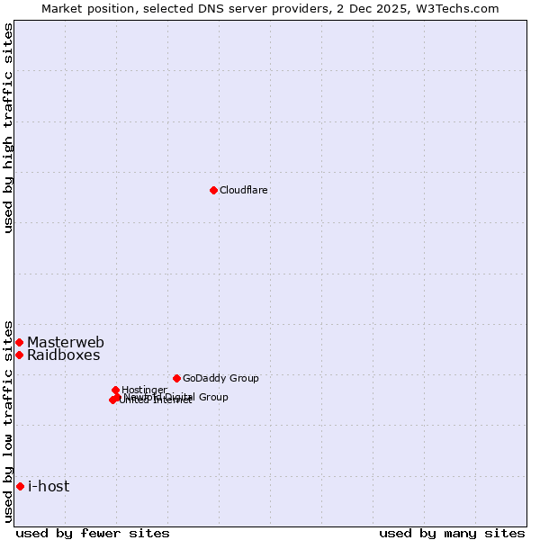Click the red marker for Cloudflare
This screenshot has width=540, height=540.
[x=213, y=190]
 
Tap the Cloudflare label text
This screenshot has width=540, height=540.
[x=244, y=191]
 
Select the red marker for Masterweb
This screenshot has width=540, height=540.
[x=19, y=342]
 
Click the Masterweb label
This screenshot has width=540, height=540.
[x=66, y=343]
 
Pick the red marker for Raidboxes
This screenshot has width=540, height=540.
[x=19, y=355]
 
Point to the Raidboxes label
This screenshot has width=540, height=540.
[x=64, y=355]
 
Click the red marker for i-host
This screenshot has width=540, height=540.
[x=20, y=487]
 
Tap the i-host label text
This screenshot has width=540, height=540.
[x=49, y=487]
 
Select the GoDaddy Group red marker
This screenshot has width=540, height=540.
[x=176, y=378]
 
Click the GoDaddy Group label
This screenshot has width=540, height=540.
[x=220, y=379]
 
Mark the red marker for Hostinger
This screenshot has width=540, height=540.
[x=115, y=390]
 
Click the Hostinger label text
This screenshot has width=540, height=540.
[x=144, y=390]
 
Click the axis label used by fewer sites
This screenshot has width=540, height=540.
[x=93, y=533]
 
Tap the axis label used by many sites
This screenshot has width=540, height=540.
[x=452, y=533]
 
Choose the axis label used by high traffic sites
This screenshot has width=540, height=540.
[x=9, y=128]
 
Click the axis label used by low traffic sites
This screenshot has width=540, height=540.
[x=9, y=420]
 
